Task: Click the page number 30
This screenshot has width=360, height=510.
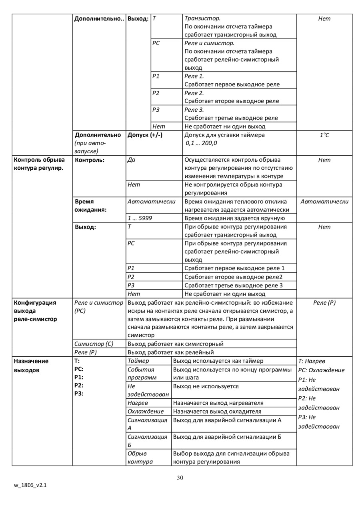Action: point(180,478)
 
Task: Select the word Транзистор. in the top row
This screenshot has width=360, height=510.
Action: point(202,18)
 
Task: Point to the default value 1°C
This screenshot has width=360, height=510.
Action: point(324,135)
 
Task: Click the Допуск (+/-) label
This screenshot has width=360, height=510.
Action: point(145,135)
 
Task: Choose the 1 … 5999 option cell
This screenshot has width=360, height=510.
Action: point(140,218)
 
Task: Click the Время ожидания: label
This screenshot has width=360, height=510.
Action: point(91,205)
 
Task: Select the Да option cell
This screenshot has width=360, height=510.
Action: point(131,160)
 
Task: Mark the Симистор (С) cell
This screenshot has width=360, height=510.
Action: point(94,343)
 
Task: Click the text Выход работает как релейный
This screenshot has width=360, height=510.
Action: point(171,352)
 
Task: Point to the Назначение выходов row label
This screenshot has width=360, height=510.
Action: point(31,365)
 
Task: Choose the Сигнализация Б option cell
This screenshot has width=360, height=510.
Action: point(147,440)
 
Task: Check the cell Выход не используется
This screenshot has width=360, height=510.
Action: point(206,386)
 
